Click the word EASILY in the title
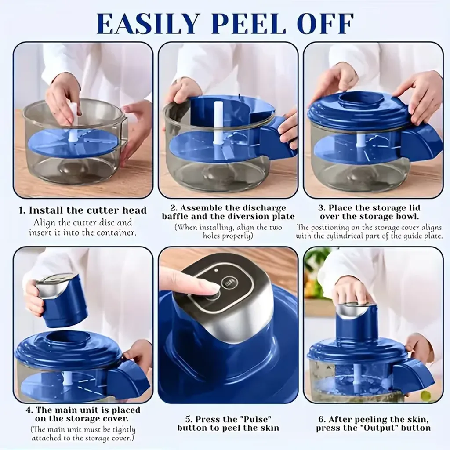(x=148, y=24)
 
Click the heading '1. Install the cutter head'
(x=83, y=210)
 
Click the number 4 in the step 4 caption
(x=29, y=410)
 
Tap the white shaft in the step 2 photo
(x=218, y=124)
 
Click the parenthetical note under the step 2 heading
(x=228, y=232)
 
